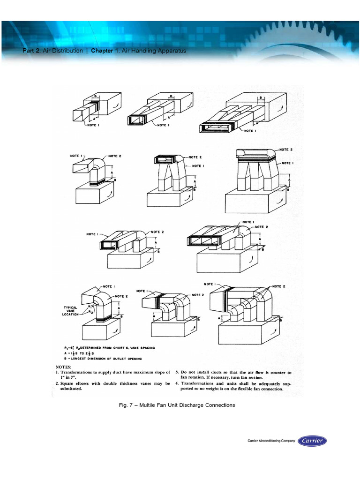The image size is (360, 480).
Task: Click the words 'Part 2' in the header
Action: (x=31, y=51)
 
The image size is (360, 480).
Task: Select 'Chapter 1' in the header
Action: (x=105, y=51)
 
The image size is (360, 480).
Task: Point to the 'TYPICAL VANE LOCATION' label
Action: (x=70, y=311)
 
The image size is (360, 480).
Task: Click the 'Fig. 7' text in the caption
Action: (x=127, y=405)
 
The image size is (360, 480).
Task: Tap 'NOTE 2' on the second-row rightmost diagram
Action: (x=286, y=150)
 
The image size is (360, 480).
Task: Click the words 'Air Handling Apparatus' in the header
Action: (x=150, y=51)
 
